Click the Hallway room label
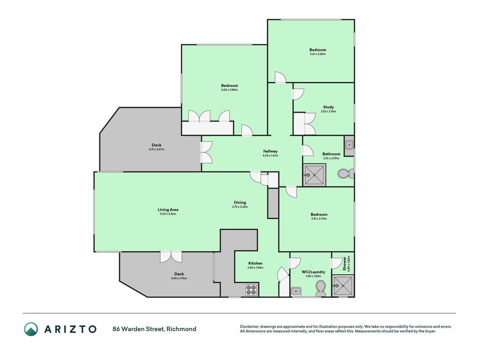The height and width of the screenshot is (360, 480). tap(270, 151)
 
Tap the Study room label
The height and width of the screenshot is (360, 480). tap(328, 107)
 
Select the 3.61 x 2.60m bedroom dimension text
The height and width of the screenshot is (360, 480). tap(318, 54)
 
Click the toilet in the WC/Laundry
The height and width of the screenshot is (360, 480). tap(320, 288)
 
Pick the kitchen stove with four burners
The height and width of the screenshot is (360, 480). tap(251, 290)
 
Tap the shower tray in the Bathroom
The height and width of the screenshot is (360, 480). tap(314, 175)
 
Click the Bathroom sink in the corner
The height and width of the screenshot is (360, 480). tap(349, 144)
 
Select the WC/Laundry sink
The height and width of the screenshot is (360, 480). tap(296, 292)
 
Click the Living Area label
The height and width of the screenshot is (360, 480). tap(168, 210)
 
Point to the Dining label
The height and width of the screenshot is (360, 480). tap(240, 202)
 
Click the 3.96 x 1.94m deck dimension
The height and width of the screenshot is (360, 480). tap(179, 278)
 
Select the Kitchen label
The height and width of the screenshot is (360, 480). tap(256, 263)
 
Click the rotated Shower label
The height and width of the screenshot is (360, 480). tap(345, 264)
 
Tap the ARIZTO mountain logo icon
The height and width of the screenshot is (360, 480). tap(31, 329)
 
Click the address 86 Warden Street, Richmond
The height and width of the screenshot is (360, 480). tap(154, 329)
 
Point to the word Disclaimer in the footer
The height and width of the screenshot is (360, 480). tap(250, 327)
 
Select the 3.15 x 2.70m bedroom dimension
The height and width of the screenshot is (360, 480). tap(319, 219)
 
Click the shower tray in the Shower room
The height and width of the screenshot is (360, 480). tap(343, 286)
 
